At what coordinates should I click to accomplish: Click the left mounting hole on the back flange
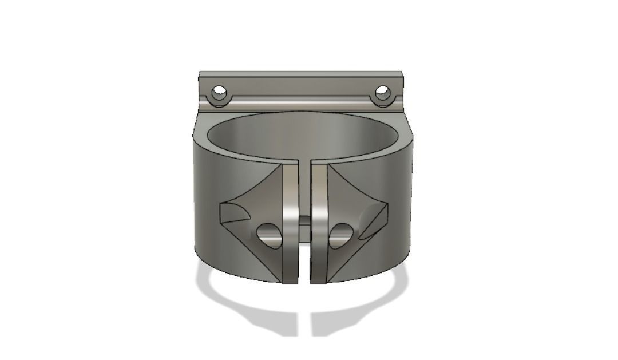[219, 92]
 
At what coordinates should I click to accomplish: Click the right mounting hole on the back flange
[382, 92]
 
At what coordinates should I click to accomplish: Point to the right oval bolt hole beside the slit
[342, 235]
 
